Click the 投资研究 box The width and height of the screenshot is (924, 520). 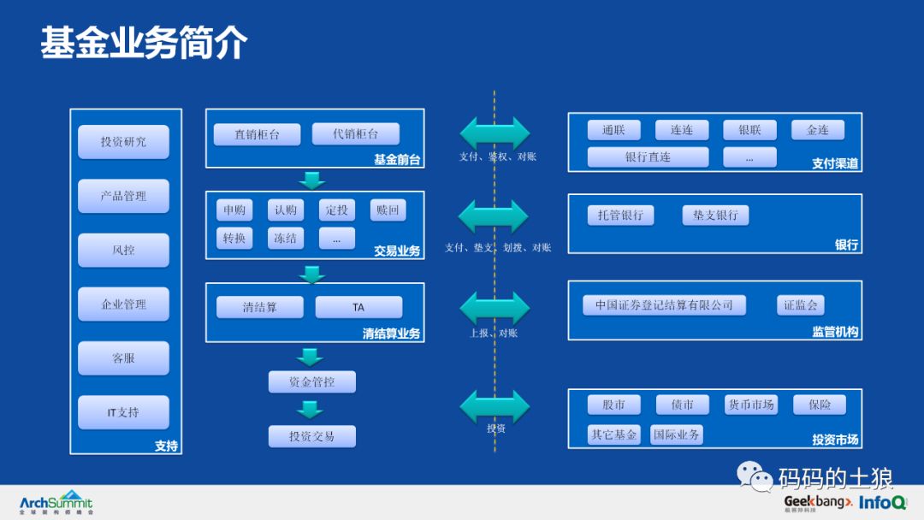pyautogui.click(x=123, y=141)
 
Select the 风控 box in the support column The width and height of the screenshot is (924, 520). pyautogui.click(x=123, y=251)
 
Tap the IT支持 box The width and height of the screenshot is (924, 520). pyautogui.click(x=123, y=412)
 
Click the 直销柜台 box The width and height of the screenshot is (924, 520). pyautogui.click(x=257, y=134)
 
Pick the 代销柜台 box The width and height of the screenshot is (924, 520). pyautogui.click(x=356, y=133)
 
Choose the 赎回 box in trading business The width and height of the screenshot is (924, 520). pyautogui.click(x=388, y=210)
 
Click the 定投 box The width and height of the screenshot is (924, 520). pyautogui.click(x=336, y=210)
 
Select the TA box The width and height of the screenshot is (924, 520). pyautogui.click(x=358, y=307)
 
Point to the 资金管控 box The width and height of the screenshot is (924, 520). pyautogui.click(x=311, y=382)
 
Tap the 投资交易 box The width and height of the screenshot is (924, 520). pyautogui.click(x=311, y=436)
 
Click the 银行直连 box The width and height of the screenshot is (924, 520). pyautogui.click(x=648, y=157)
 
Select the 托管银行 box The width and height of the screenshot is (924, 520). pyautogui.click(x=620, y=215)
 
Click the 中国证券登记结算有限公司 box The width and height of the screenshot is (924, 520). pyautogui.click(x=664, y=305)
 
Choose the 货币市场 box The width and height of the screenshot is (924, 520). pyautogui.click(x=750, y=405)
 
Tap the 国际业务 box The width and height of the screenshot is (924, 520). pyautogui.click(x=676, y=434)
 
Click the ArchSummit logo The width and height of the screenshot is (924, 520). pyautogui.click(x=56, y=502)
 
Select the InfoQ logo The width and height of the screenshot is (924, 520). pyautogui.click(x=882, y=502)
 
